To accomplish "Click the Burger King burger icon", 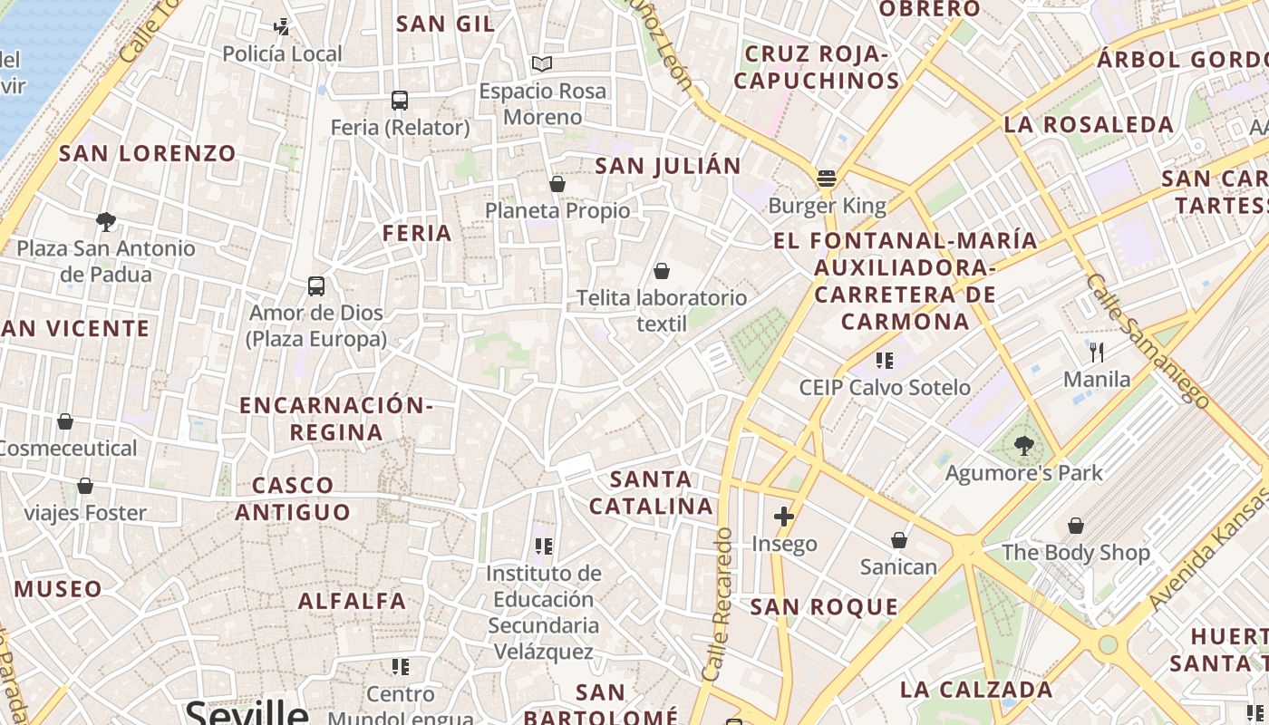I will coord(826,178).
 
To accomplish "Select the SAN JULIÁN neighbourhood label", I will coord(668,166).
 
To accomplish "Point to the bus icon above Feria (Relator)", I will coord(400,100).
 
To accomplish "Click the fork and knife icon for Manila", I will coord(1097,352).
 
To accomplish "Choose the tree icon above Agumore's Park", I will coord(1023,445).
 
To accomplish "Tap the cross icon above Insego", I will coord(784,517).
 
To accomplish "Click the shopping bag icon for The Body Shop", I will coord(1076,525).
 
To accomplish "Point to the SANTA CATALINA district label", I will coord(652,492).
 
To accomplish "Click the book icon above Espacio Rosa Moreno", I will coord(542,63).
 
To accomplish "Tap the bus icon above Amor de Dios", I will coord(316,286).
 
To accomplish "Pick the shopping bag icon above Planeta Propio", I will coord(557,184).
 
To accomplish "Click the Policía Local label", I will coord(283,54).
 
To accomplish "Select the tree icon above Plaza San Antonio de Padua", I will coord(106,221).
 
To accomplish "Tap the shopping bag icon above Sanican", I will coord(898,540).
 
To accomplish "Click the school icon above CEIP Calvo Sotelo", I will coord(885,361).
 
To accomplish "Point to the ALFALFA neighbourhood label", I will coord(353,601).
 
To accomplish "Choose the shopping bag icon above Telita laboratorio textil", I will coord(662,270).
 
